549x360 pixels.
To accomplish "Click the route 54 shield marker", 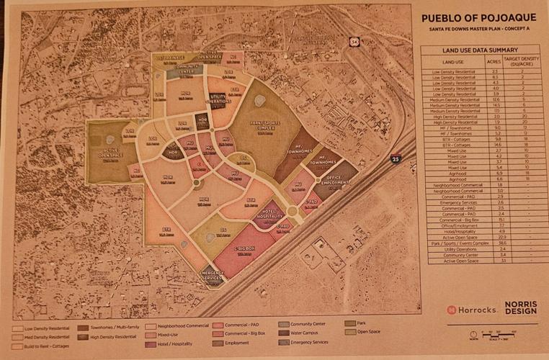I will click(x=355, y=42).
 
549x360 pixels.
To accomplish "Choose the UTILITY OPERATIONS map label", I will click(x=220, y=99).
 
